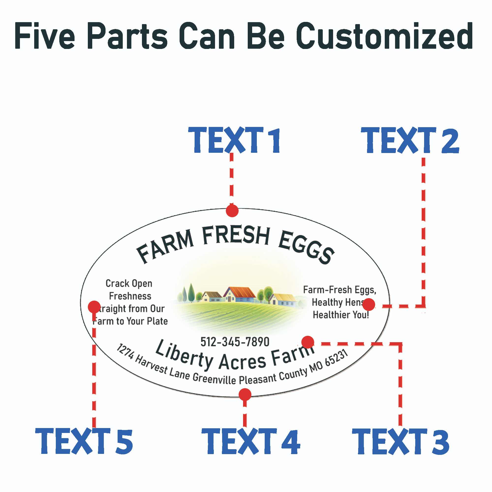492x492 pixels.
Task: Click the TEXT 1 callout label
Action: (234, 140)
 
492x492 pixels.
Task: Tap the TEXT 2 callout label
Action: (410, 140)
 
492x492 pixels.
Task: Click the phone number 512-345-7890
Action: (235, 342)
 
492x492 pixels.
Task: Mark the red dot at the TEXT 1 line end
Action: (232, 211)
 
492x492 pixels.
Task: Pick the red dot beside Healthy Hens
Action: (369, 304)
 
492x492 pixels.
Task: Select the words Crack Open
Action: (129, 283)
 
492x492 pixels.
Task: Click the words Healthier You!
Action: (341, 315)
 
